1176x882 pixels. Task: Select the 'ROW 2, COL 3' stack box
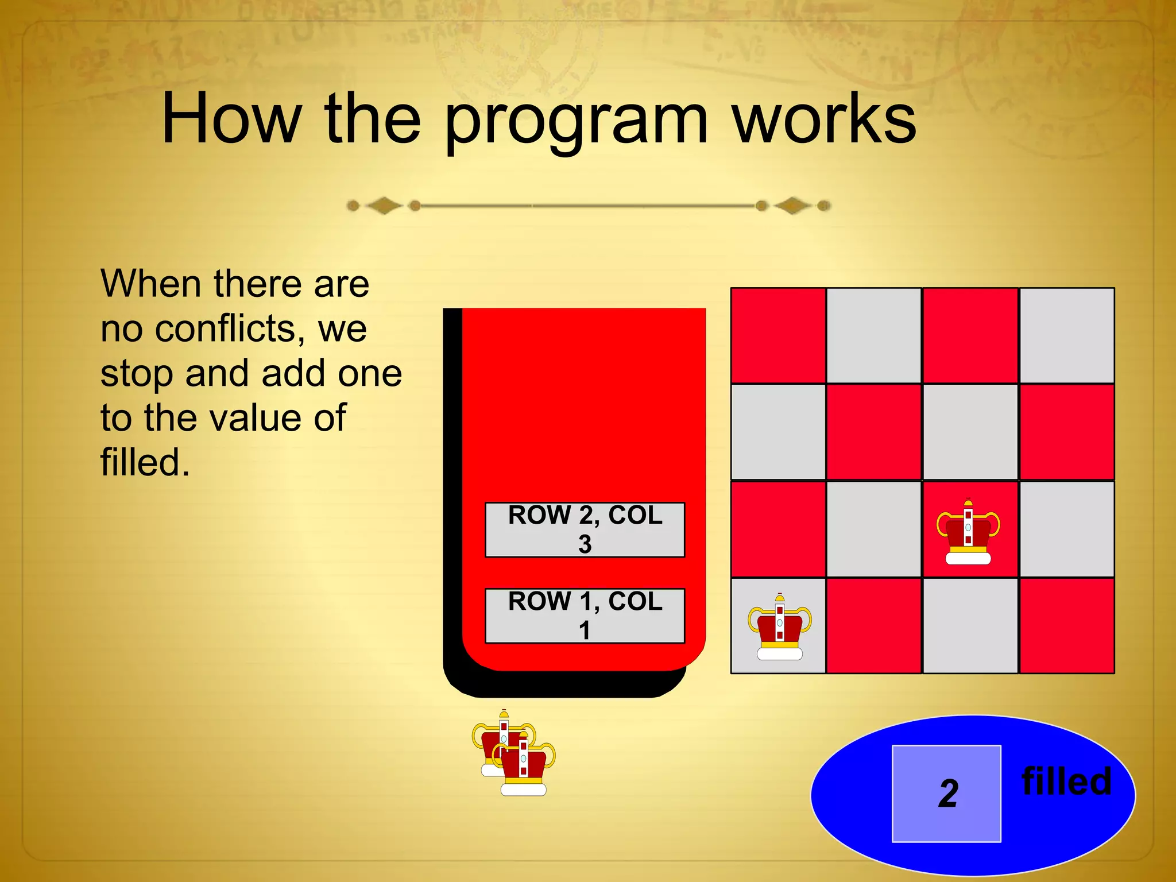click(x=585, y=529)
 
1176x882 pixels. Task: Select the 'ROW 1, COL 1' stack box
click(x=585, y=616)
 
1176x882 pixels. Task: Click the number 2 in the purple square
click(x=948, y=794)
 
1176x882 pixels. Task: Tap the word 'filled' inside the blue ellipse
click(x=1066, y=782)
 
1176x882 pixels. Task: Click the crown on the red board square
click(x=968, y=532)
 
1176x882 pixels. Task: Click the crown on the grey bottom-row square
click(x=779, y=628)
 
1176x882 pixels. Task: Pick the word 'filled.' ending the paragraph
click(x=145, y=462)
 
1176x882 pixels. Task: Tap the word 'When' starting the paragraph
click(x=152, y=284)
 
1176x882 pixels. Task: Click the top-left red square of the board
click(x=778, y=335)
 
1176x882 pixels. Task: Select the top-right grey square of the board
click(x=1066, y=335)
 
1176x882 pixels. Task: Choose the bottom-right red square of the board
click(x=1066, y=626)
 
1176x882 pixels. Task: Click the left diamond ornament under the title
click(x=384, y=206)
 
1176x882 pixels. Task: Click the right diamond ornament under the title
click(x=793, y=206)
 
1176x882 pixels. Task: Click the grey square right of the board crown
click(x=1066, y=529)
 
